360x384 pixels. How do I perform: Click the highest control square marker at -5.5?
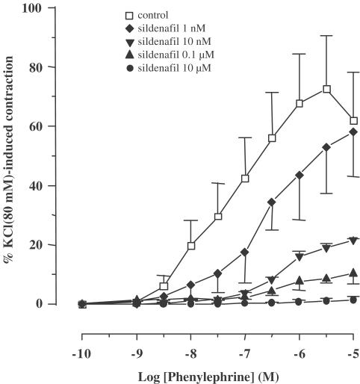(x=326, y=89)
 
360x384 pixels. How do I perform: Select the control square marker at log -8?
(x=191, y=246)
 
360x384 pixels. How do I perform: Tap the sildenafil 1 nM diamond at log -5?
(x=353, y=132)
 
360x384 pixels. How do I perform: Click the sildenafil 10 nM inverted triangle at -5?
(x=353, y=241)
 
